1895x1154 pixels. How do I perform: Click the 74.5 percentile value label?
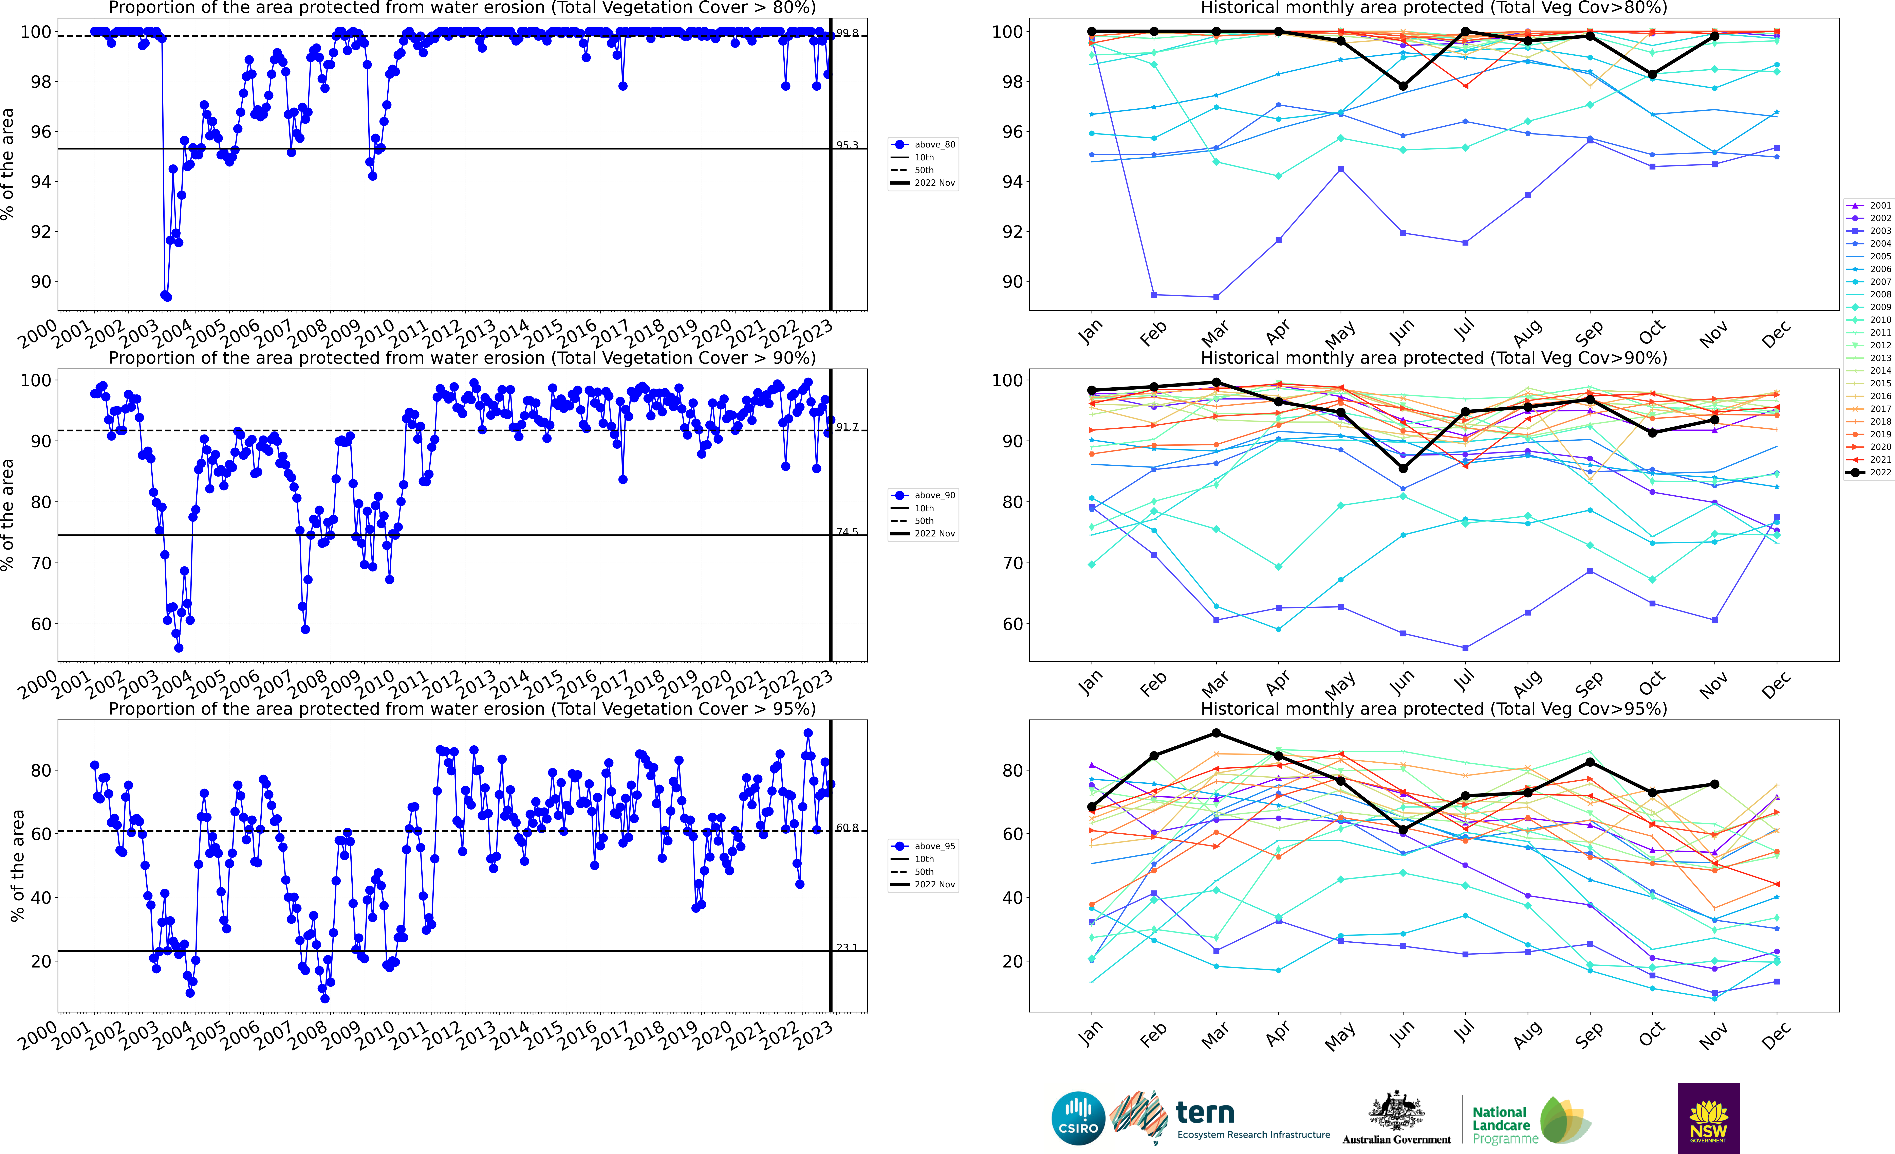coord(847,532)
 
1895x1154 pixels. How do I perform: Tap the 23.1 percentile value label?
coord(847,948)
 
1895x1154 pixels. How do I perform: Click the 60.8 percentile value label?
coord(847,828)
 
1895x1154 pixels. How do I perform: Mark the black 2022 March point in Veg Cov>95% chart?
coord(1216,733)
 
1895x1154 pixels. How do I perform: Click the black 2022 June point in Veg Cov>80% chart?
coord(1403,86)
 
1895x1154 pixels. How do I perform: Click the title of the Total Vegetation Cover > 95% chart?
coord(462,709)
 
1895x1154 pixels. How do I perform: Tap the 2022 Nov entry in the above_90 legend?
coord(934,533)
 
